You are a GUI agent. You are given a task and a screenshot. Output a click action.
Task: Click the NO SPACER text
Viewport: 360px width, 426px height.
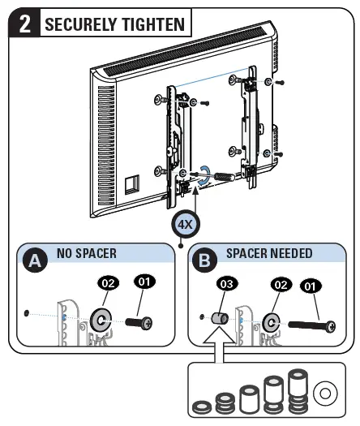[x=87, y=253]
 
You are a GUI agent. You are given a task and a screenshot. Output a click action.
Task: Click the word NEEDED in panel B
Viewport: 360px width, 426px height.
[x=289, y=253]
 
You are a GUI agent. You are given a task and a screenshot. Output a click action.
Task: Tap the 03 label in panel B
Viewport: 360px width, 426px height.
[x=227, y=285]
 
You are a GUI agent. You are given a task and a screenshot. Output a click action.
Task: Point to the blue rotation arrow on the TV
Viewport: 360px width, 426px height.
[x=207, y=173]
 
